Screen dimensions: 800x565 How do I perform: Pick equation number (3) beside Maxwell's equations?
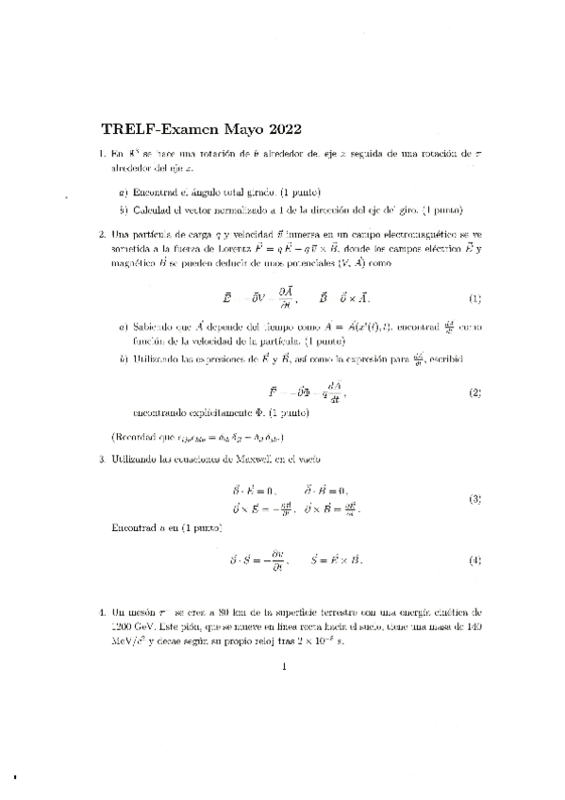click(x=475, y=498)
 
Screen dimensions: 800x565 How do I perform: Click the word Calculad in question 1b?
click(x=154, y=208)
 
